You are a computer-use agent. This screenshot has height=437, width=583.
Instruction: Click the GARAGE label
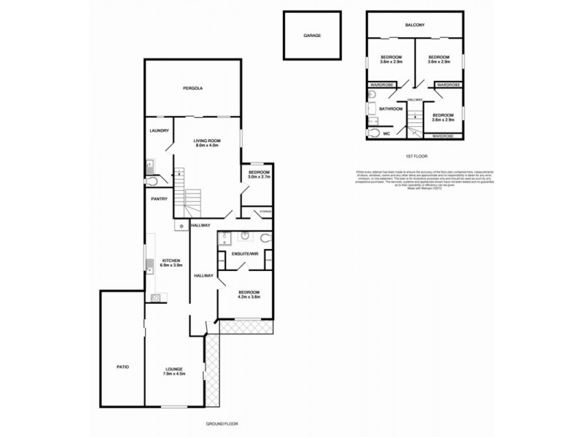312,35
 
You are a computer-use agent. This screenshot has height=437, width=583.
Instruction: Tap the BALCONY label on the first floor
415,25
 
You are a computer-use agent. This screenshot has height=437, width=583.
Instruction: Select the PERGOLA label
192,88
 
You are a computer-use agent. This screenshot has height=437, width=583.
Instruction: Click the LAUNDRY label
159,131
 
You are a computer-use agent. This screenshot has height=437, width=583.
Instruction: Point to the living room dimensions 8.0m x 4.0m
206,146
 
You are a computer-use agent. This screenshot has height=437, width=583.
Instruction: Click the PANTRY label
160,199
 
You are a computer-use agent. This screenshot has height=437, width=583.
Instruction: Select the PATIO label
122,366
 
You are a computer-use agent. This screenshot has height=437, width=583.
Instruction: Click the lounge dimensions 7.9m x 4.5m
174,374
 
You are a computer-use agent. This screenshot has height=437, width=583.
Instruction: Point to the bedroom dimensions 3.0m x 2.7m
259,177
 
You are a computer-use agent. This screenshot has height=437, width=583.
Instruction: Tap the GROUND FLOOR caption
222,423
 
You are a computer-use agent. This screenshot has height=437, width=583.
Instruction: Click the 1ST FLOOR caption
415,157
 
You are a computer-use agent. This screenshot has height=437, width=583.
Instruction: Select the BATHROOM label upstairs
391,109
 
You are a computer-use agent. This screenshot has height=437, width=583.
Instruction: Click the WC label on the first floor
388,134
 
